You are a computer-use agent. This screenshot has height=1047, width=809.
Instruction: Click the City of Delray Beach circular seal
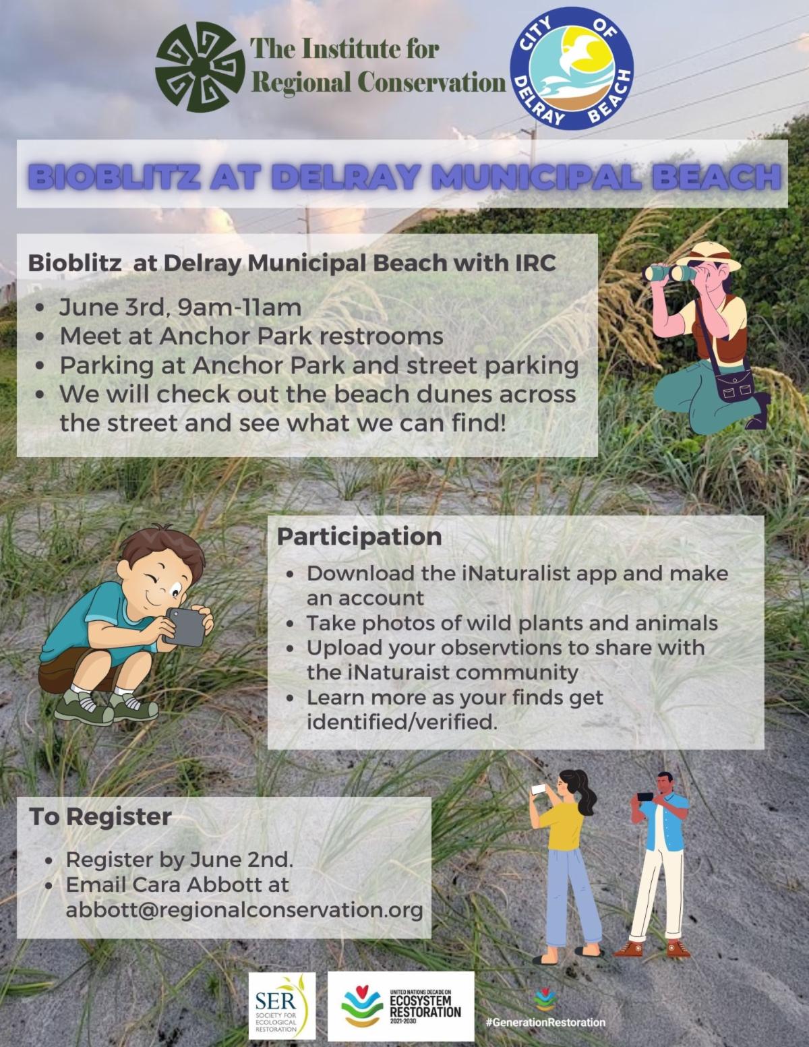coord(572,68)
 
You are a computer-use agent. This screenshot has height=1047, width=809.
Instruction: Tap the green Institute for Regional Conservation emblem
coord(200,67)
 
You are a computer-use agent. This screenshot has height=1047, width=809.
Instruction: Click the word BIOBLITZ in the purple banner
coord(116,177)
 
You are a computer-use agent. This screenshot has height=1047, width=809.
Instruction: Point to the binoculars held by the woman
coord(669,273)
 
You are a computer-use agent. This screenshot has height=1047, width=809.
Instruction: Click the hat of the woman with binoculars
coord(709,256)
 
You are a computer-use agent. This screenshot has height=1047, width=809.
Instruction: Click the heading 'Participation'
coord(359,537)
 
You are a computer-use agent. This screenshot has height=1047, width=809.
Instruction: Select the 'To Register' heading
coord(100,816)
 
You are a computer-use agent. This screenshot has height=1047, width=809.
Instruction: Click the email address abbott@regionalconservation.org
coord(244,909)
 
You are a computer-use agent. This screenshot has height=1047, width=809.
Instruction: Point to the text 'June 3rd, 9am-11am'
coord(181,307)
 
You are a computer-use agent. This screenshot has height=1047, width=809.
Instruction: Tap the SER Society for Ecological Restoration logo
coord(282,1006)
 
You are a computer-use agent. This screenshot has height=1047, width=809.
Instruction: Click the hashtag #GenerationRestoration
coord(546,1022)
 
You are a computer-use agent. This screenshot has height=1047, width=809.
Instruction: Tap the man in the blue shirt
coord(658,865)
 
